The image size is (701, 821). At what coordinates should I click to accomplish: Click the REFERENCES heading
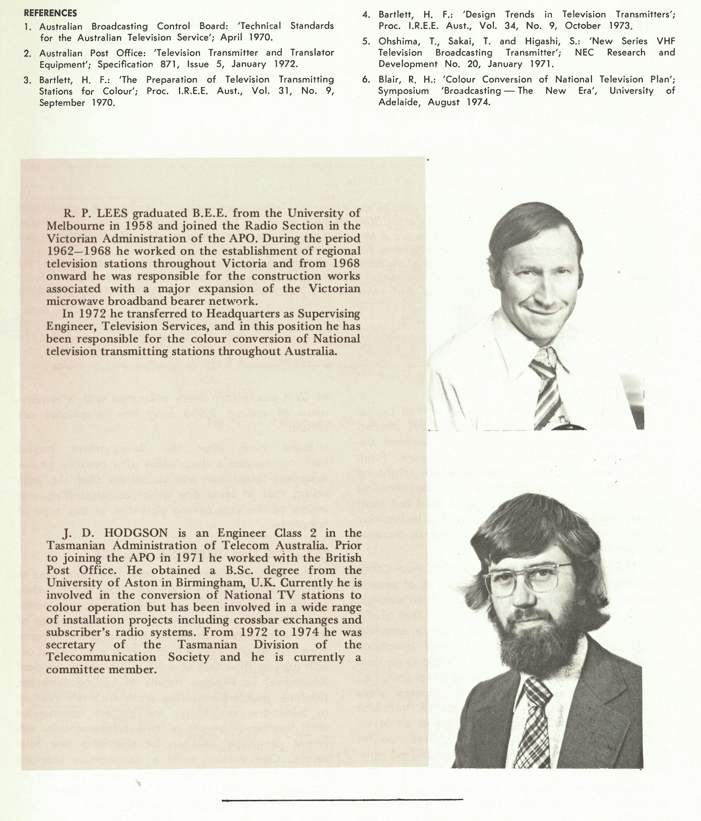pyautogui.click(x=50, y=13)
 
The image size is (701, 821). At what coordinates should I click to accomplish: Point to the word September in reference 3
pyautogui.click(x=62, y=103)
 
